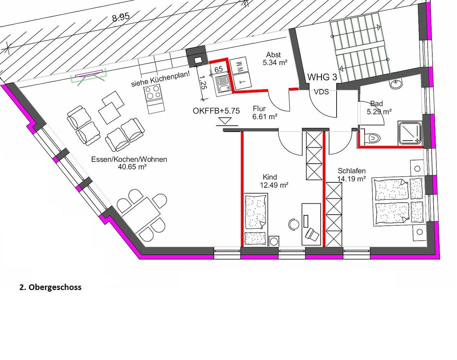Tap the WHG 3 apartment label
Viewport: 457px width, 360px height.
[322, 77]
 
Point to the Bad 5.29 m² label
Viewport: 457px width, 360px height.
[379, 108]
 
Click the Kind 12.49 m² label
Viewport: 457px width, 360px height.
[274, 181]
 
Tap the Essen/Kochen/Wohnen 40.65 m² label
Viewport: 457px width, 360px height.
[129, 163]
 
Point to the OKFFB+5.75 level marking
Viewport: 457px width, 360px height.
[216, 111]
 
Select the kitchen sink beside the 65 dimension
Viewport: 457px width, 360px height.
[222, 83]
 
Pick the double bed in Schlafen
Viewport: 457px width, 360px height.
[398, 202]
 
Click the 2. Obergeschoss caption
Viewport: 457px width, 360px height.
[50, 287]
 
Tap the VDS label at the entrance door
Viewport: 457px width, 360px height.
[321, 92]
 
